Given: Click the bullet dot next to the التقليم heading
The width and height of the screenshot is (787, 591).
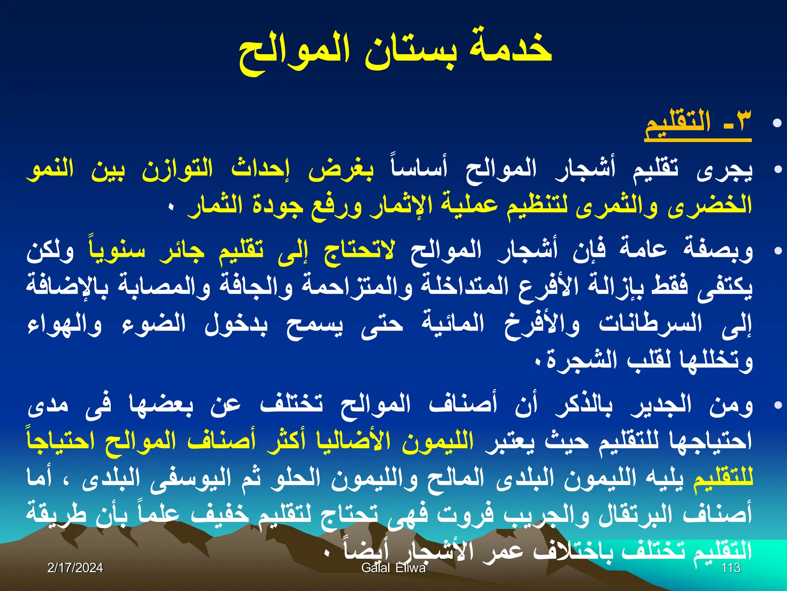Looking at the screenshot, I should coord(777,123).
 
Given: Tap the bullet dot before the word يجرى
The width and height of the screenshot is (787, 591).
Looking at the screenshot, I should coord(777,169).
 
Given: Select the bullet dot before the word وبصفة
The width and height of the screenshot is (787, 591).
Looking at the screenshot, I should coord(777,251).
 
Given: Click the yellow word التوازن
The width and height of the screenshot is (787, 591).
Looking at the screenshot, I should coord(177,169).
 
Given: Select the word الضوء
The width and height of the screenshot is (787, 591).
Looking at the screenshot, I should coord(154,324).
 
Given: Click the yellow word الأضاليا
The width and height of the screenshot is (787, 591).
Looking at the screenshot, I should coord(357,441).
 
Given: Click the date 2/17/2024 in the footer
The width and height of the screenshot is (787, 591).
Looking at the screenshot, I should coord(75,568).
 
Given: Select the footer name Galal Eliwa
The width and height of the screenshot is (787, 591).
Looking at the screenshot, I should coord(393,568).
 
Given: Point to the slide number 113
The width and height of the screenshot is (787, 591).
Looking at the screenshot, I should coord(731,568).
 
